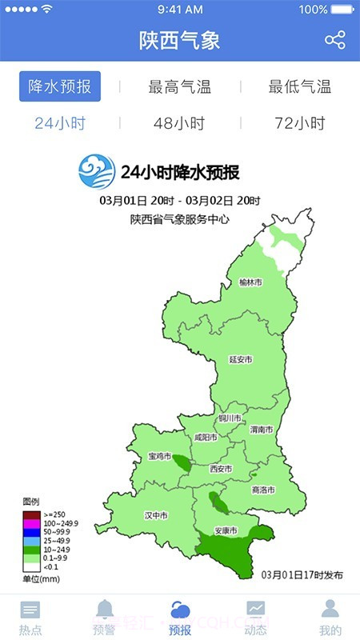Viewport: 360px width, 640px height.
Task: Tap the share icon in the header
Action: [x=335, y=40]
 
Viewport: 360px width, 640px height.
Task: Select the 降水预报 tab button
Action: [x=60, y=86]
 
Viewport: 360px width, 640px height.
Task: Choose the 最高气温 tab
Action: [x=180, y=87]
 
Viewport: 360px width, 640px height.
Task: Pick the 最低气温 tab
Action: [x=300, y=87]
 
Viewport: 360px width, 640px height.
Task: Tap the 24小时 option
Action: [x=60, y=124]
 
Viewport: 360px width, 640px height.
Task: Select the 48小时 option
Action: [x=180, y=124]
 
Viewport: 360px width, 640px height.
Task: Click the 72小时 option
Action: [x=300, y=124]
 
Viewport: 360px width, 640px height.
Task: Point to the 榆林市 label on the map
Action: [x=250, y=282]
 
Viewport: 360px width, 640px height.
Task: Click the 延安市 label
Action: [x=240, y=360]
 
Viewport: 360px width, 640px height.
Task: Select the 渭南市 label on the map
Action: [x=261, y=430]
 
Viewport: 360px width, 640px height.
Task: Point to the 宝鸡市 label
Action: [x=159, y=457]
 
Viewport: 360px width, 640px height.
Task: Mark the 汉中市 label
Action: [x=155, y=515]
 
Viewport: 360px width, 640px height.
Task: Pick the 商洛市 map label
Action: [x=262, y=490]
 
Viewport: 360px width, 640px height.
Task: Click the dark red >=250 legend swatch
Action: [x=31, y=514]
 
